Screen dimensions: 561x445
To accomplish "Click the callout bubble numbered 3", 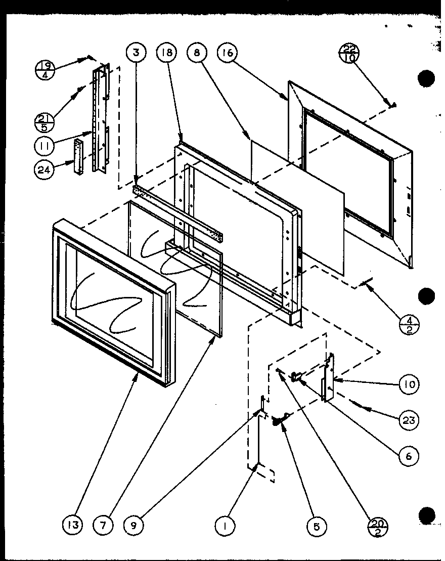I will point(136,53).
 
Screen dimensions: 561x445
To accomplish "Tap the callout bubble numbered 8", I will point(196,53).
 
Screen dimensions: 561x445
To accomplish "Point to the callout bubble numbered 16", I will point(227,53).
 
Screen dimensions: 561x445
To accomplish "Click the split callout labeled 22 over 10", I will point(349,53).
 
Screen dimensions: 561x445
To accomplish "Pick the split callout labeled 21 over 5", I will point(45,120).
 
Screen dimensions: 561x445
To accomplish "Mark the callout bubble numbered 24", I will point(45,170).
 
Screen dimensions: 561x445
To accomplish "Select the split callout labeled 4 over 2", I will point(409,323).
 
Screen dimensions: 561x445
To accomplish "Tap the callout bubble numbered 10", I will point(409,384).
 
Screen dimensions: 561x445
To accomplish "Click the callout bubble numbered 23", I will point(409,420).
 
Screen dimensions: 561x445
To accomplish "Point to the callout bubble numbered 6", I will point(409,456).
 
